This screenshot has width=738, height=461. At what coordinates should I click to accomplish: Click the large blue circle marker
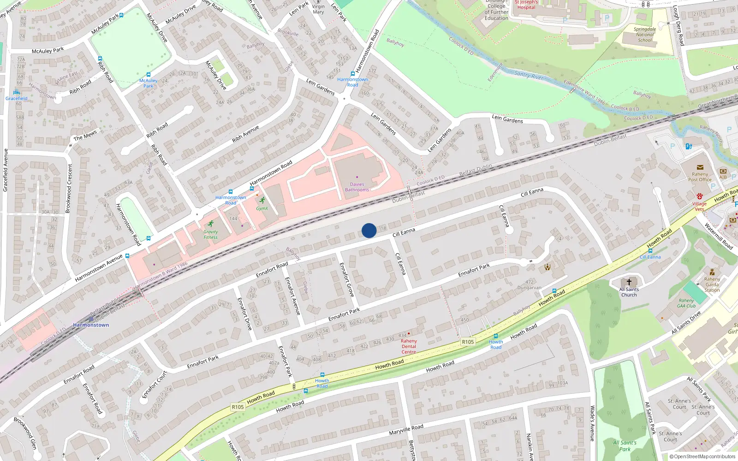point(369,230)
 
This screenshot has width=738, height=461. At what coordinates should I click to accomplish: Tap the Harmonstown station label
point(91,325)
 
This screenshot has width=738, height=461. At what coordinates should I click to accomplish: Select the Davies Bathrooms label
point(357,187)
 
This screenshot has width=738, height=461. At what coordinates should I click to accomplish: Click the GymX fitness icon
point(262,201)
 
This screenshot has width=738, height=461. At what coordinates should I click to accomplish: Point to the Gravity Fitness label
point(211,235)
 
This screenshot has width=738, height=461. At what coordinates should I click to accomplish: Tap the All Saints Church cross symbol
point(629,282)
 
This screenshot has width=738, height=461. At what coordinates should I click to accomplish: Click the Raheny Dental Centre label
point(409,346)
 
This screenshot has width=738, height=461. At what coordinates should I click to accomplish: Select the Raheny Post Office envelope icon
point(700,167)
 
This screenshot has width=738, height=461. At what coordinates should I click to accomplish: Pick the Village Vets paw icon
point(700,196)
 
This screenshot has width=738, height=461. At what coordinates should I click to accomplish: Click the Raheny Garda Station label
point(712,284)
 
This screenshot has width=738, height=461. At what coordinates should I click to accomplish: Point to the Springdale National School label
point(645,35)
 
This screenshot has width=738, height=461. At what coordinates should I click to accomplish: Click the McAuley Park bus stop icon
point(149,74)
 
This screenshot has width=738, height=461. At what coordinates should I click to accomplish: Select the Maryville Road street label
point(406,430)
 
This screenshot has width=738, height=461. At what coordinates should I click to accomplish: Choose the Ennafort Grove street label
point(346,279)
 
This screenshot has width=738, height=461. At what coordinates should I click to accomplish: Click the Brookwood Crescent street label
point(69,188)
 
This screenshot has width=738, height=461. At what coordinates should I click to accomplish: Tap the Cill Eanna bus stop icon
point(650,251)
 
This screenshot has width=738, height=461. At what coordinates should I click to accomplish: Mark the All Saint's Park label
point(625,446)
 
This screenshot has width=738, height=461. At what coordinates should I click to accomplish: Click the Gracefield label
point(17,98)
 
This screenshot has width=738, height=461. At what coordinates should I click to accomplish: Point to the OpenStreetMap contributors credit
point(702,456)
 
